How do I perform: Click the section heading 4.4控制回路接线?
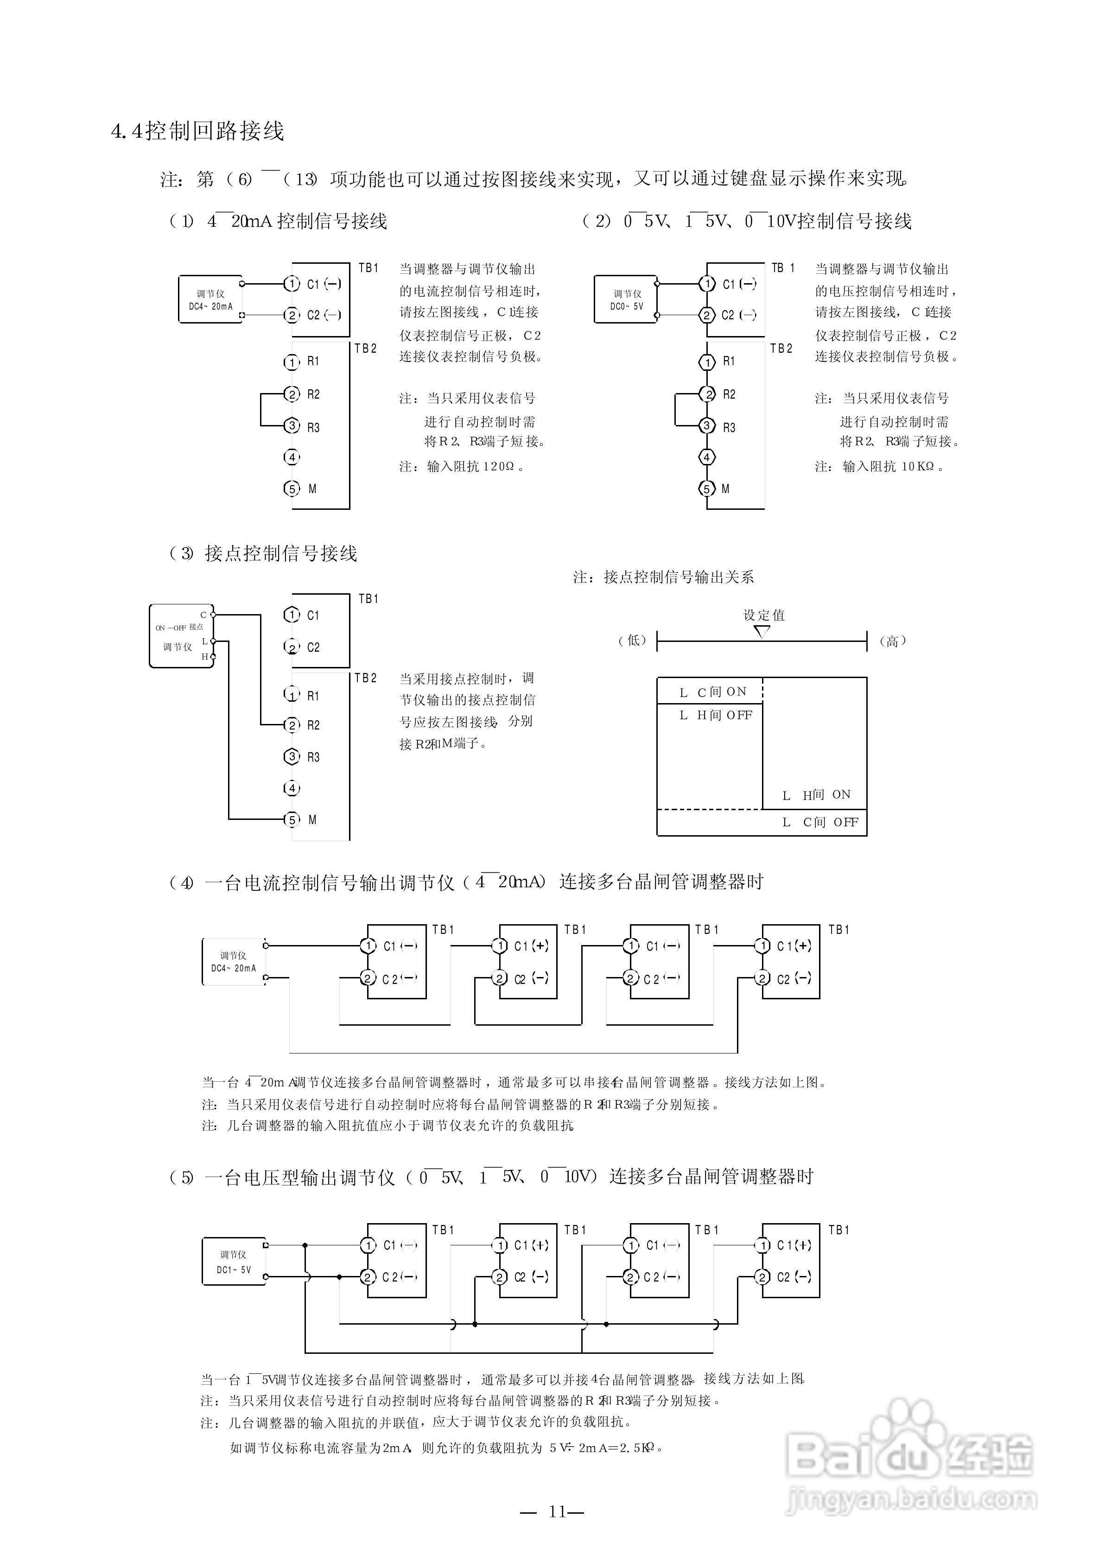pyautogui.click(x=197, y=131)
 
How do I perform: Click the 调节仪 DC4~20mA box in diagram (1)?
pyautogui.click(x=210, y=300)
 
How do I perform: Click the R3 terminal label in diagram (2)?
pyautogui.click(x=729, y=428)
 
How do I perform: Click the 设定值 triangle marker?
pyautogui.click(x=762, y=632)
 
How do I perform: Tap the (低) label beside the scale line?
pyautogui.click(x=632, y=640)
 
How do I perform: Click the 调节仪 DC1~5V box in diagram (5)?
pyautogui.click(x=234, y=1262)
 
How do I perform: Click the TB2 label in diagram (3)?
pyautogui.click(x=365, y=678)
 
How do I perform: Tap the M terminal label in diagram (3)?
pyautogui.click(x=312, y=819)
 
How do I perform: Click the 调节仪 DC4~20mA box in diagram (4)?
pyautogui.click(x=234, y=962)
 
